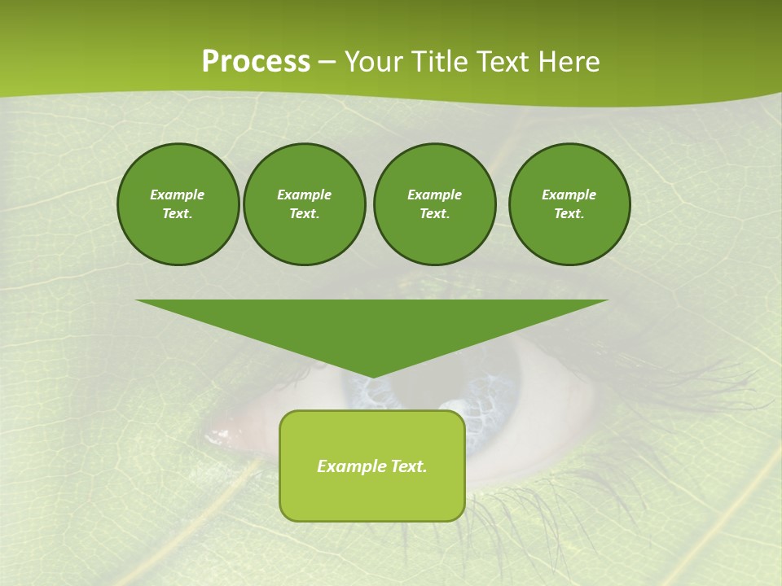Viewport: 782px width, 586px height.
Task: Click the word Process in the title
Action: point(256,62)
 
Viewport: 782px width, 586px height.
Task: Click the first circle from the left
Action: point(178,204)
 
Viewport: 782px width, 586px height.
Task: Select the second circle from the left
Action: point(304,204)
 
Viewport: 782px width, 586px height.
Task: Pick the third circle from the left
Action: point(434,204)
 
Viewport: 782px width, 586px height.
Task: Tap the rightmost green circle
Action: point(569,204)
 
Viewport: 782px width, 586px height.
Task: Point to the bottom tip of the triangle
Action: point(372,377)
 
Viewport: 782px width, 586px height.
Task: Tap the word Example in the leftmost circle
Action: point(178,195)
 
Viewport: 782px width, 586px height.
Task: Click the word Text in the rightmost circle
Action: point(569,213)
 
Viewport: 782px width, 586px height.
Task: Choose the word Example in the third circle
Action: point(434,195)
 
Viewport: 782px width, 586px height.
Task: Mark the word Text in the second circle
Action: point(303,213)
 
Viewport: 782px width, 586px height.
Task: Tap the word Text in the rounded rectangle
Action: point(407,466)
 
